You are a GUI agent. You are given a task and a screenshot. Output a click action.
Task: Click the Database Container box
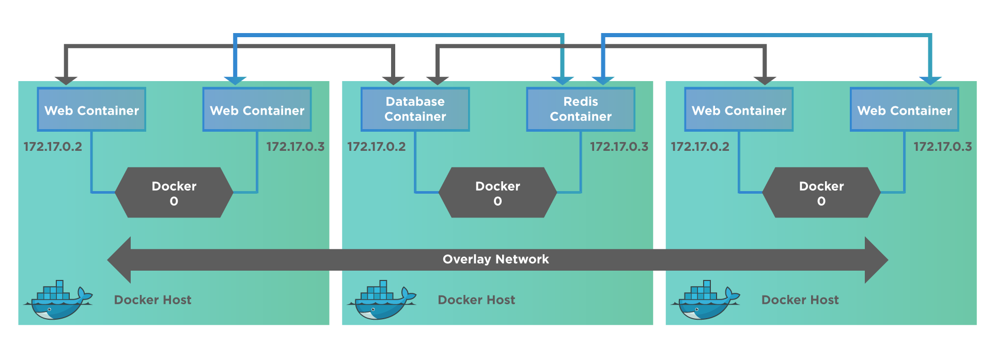point(415,109)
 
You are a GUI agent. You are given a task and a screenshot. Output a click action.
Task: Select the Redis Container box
point(581,109)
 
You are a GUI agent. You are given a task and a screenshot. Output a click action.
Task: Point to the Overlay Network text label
point(495,259)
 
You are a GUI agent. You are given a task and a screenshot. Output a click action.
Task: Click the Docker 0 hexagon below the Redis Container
point(497,193)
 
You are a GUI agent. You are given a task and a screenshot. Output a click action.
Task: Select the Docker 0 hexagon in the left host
point(174,193)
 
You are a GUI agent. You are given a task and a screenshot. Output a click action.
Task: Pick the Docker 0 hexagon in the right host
point(821,193)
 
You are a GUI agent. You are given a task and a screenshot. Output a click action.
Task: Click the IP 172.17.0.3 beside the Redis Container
point(619,147)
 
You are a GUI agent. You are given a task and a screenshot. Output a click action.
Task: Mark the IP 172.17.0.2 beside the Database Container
point(376,147)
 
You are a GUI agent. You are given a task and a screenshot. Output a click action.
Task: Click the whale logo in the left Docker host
point(58,301)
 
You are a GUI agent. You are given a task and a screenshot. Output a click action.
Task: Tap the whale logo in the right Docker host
point(705,301)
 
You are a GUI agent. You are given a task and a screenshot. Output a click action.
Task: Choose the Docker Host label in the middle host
point(476,300)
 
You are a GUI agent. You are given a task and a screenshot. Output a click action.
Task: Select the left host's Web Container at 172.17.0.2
point(91,109)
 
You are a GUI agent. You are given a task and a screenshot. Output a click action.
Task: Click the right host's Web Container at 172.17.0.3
point(904,109)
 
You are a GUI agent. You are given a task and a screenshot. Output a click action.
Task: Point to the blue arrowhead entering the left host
point(235,80)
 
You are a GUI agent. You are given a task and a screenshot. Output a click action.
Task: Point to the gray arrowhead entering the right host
point(765,80)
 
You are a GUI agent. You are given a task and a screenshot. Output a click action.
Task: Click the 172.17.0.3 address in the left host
point(296,147)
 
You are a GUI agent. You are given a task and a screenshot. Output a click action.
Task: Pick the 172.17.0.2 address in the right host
point(700,147)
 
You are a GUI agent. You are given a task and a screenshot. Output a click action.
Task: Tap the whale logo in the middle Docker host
point(381,301)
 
